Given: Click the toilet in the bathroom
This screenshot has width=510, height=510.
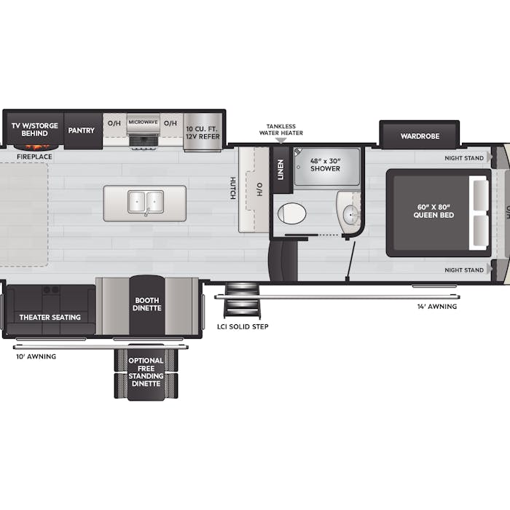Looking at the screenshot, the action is coord(291,213).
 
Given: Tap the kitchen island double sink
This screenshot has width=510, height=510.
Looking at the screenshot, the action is coord(146,202).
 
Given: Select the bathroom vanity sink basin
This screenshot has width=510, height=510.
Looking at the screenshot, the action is coord(350,215).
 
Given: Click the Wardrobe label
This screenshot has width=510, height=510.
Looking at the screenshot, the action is coord(420,136).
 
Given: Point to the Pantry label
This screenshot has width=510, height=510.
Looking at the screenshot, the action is coord(81,130).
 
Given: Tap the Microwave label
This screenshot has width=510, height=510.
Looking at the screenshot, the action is coord(143,122).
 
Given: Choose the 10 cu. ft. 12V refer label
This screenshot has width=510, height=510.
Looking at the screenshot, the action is coord(203,133).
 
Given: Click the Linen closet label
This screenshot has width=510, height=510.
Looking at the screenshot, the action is coord(280,170).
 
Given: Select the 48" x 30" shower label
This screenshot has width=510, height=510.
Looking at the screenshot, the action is coord(325,165).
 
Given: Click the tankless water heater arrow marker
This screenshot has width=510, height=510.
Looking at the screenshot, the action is coord(280,141).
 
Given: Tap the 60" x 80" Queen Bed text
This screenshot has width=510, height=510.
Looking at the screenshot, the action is coord(433,211).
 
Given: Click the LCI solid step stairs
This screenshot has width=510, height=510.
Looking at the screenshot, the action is coord(243,300).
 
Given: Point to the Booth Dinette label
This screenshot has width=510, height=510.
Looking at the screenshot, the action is coord(146,304).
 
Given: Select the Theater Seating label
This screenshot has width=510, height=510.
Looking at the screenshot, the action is coord(50,317).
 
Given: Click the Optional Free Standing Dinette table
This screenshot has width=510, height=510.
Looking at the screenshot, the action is coord(146,372).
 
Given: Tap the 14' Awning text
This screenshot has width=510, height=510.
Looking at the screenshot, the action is coord(437,307).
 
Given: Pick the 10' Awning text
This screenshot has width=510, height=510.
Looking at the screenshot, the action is coord(36,356).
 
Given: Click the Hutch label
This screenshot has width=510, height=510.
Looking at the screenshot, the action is coord(233,188).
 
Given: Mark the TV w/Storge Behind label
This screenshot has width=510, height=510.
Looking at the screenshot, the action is coord(35,130).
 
